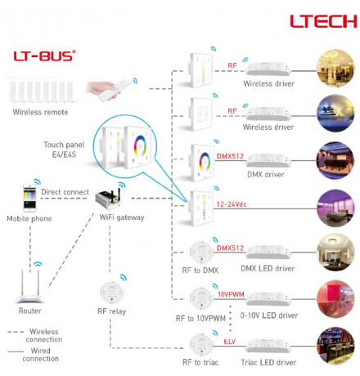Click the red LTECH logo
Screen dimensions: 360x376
[x=323, y=21]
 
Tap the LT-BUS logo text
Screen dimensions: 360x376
[x=44, y=56]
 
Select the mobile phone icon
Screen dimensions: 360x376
[x=29, y=198]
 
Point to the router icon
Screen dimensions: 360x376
[x=30, y=287]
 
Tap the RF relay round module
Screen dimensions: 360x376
[x=111, y=293]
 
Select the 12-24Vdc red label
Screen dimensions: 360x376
[x=232, y=204]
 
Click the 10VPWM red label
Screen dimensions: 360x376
[x=231, y=294]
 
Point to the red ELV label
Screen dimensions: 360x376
[x=230, y=342]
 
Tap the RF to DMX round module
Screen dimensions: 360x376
[x=201, y=253]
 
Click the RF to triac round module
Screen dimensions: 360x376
[x=201, y=345]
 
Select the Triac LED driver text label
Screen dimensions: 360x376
[x=268, y=362]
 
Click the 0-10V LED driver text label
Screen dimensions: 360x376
[x=269, y=316]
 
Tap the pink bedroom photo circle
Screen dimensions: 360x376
[x=335, y=208]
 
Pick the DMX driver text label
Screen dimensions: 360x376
[x=266, y=174]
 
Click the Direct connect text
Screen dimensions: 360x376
[x=65, y=192]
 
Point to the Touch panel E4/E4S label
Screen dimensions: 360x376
[x=64, y=150]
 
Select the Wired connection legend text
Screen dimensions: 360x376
[x=41, y=355]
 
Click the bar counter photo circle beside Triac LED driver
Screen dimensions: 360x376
[x=335, y=346]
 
